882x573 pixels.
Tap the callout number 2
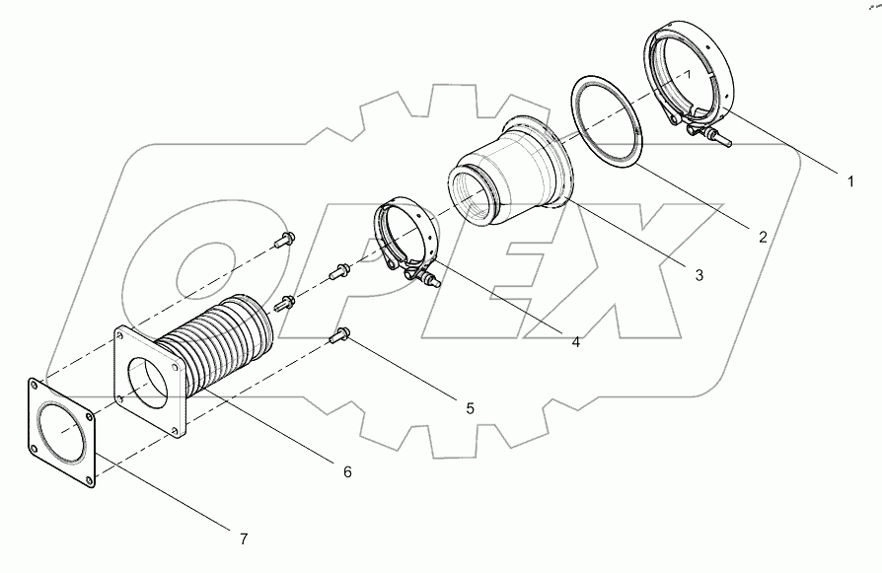click(x=762, y=236)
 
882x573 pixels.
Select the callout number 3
click(x=698, y=275)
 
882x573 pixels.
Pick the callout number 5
click(x=470, y=406)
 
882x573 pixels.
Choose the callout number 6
click(x=346, y=471)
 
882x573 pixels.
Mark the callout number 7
click(x=242, y=538)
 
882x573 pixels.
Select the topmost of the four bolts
click(x=286, y=238)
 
